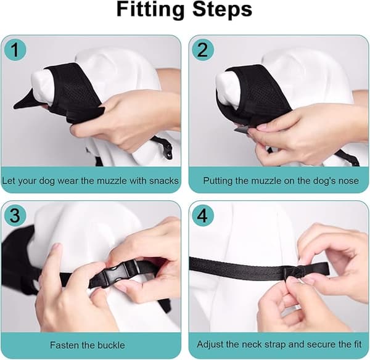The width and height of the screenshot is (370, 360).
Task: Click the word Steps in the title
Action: click(x=222, y=9)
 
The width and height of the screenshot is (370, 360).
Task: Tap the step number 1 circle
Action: click(x=15, y=50)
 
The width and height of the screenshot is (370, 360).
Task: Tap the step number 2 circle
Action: click(x=202, y=50)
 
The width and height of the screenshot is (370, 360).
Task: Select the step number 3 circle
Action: click(x=15, y=215)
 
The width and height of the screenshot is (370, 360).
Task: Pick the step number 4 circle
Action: click(x=202, y=215)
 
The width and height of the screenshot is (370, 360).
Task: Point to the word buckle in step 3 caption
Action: click(x=111, y=345)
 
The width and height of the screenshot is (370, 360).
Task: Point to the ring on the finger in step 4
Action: click(x=297, y=308)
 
